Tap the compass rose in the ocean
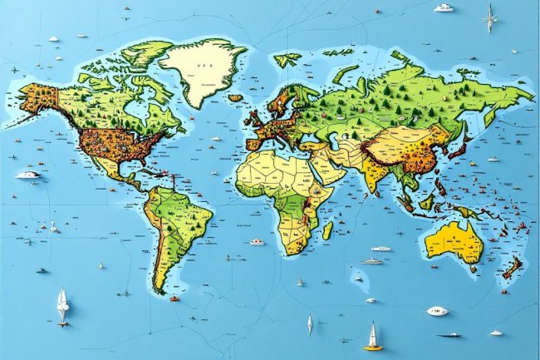[490, 17]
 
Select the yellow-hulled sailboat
[372, 338]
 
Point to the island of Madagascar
[326, 229]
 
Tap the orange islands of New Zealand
[510, 269]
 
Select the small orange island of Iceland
[235, 98]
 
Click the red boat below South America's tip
[174, 298]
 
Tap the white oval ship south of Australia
[437, 311]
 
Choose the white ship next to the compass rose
[444, 8]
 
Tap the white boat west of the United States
[28, 175]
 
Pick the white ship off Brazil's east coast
[257, 242]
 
